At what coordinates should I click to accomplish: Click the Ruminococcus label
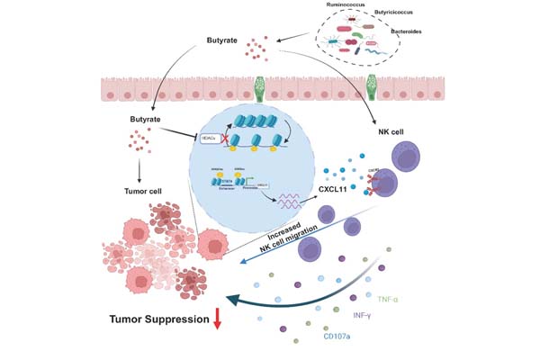[x=346, y=4]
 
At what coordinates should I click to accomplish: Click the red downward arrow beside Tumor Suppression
[x=217, y=319]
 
